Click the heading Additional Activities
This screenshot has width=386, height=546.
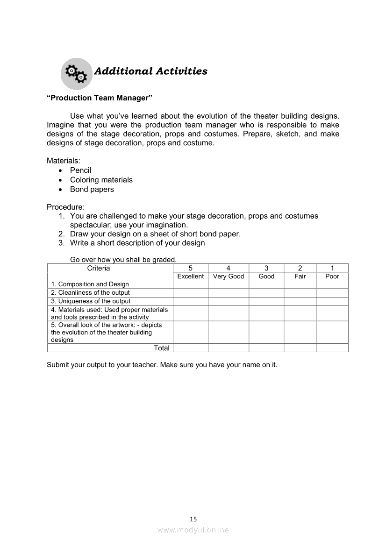pyautogui.click(x=150, y=71)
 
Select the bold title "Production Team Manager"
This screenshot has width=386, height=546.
pyautogui.click(x=100, y=98)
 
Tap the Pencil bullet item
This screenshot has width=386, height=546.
pyautogui.click(x=80, y=170)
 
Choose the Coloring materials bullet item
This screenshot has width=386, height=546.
pyautogui.click(x=101, y=180)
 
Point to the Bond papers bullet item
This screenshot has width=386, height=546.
pyautogui.click(x=92, y=189)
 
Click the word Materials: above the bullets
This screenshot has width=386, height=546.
pyautogui.click(x=64, y=161)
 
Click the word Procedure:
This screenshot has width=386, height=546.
pyautogui.click(x=65, y=207)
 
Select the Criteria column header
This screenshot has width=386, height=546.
pyautogui.click(x=99, y=268)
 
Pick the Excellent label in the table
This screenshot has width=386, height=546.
pyautogui.click(x=190, y=276)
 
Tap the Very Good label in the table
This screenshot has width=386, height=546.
pyautogui.click(x=229, y=276)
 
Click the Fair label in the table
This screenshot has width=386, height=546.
pyautogui.click(x=300, y=276)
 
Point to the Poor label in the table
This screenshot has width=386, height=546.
pyautogui.click(x=332, y=276)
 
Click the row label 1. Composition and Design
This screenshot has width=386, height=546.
pyautogui.click(x=90, y=284)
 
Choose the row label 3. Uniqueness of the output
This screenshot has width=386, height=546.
pyautogui.click(x=91, y=301)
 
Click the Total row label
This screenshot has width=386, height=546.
pyautogui.click(x=162, y=347)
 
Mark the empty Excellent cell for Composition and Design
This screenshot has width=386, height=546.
pyautogui.click(x=190, y=284)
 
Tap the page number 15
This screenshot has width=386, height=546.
pyautogui.click(x=193, y=518)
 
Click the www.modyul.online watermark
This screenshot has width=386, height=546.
pyautogui.click(x=193, y=530)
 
